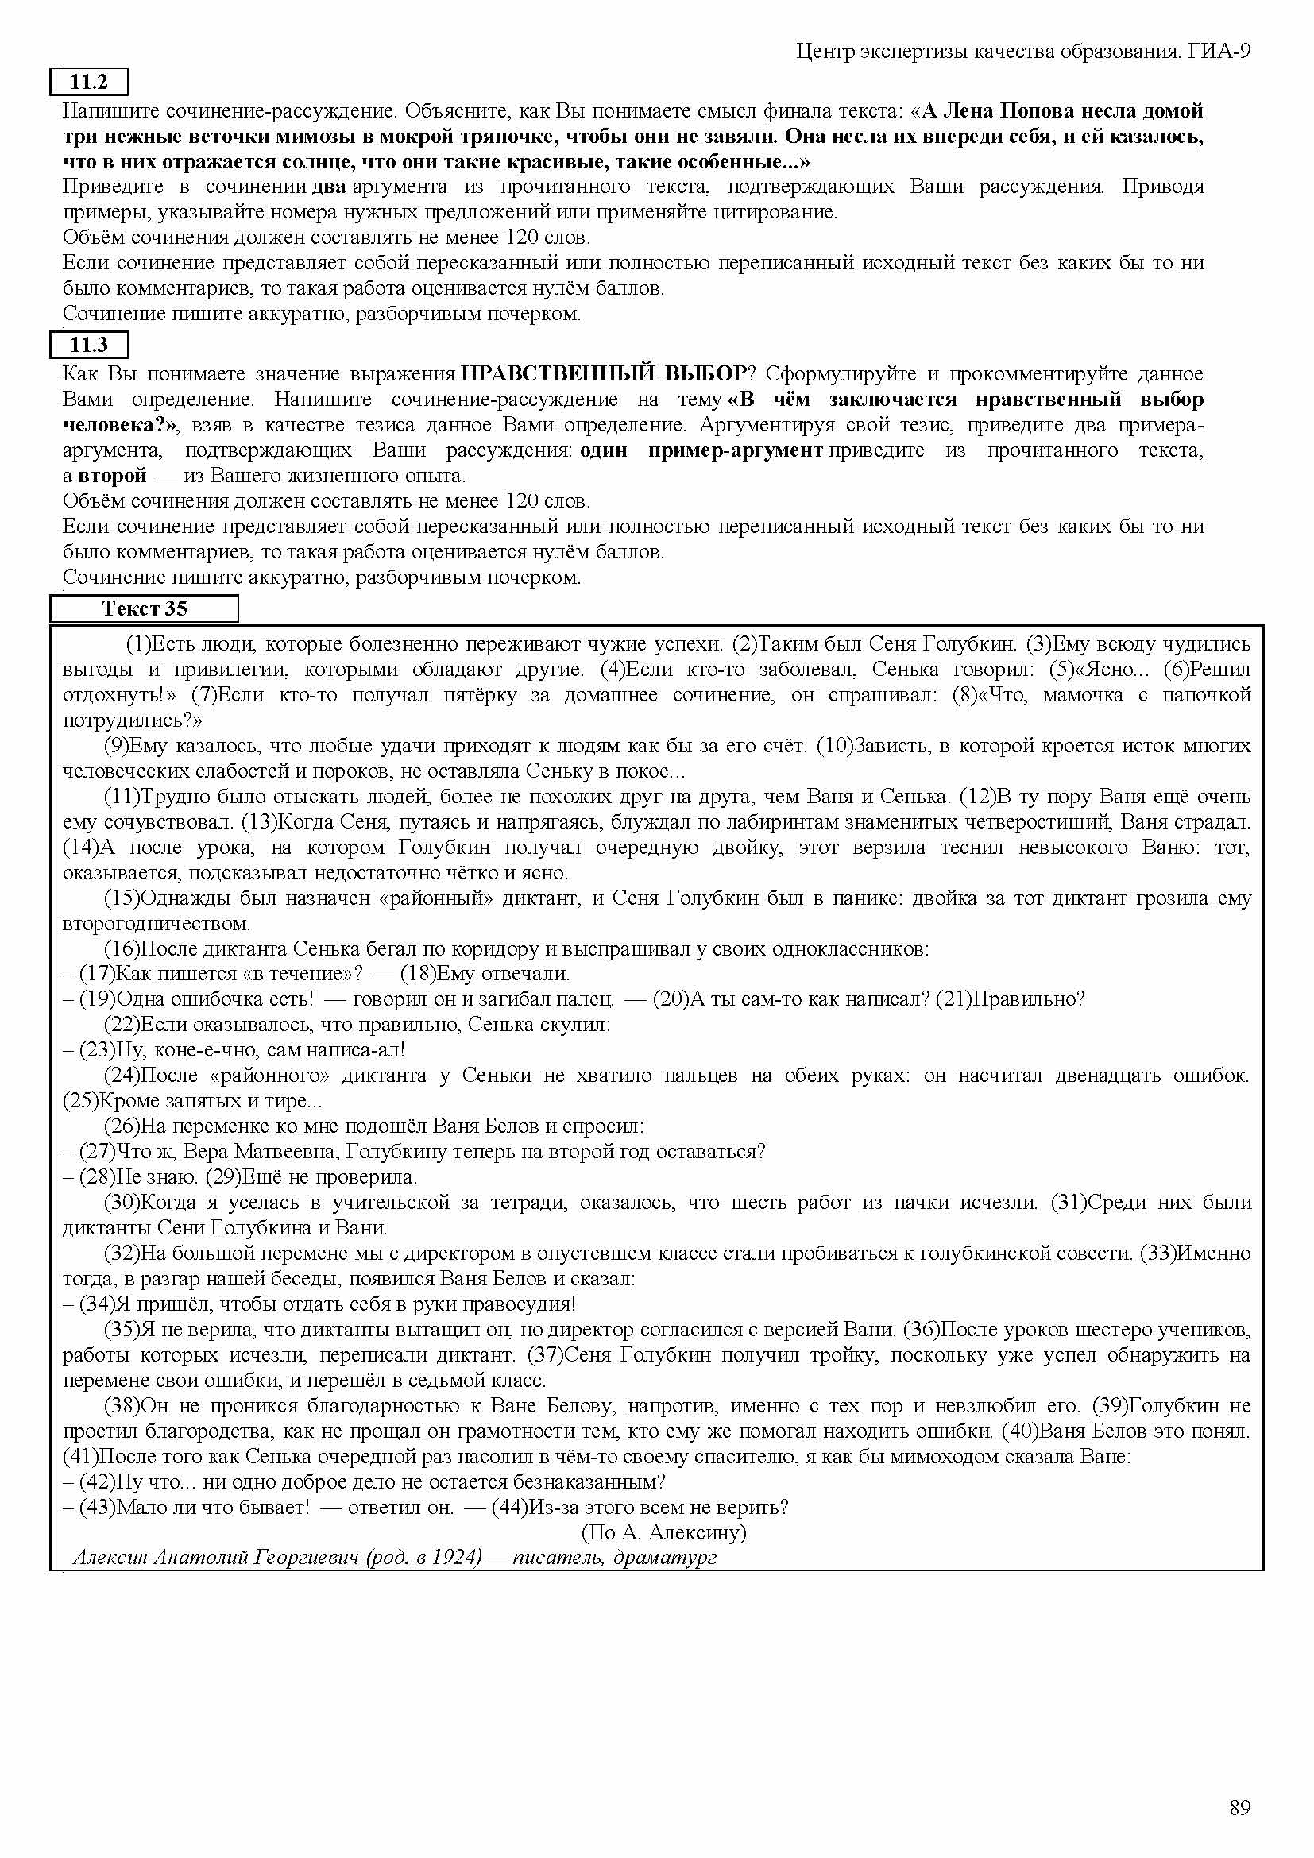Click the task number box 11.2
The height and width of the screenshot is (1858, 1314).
[89, 82]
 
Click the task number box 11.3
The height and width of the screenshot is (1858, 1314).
[89, 345]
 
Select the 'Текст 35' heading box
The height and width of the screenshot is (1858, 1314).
[144, 608]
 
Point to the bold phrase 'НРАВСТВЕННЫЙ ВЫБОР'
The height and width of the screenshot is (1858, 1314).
[604, 374]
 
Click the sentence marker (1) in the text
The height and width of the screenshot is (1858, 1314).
[138, 644]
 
